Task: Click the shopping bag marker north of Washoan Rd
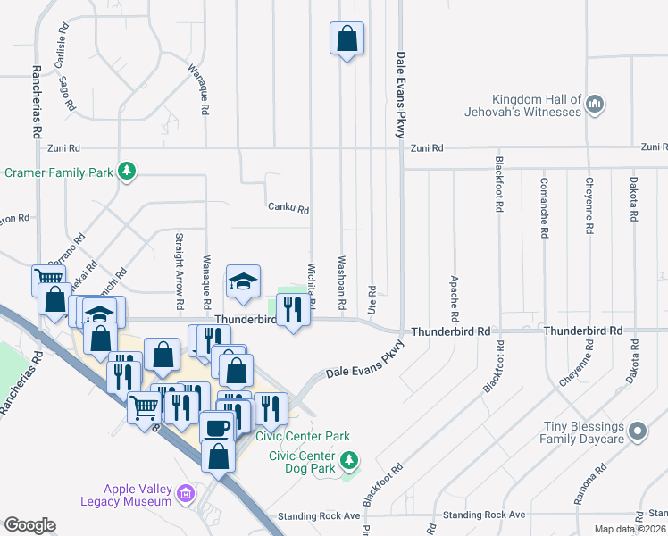pos(347,39)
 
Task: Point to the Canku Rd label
pos(288,209)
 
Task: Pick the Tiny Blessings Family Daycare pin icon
pos(637,432)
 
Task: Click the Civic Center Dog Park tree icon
pos(351,461)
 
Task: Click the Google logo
pos(29,525)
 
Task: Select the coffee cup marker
pos(217,427)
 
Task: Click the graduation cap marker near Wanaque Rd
pos(242,281)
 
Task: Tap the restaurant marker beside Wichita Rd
pos(292,310)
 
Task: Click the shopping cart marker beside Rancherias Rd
pos(47,281)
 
